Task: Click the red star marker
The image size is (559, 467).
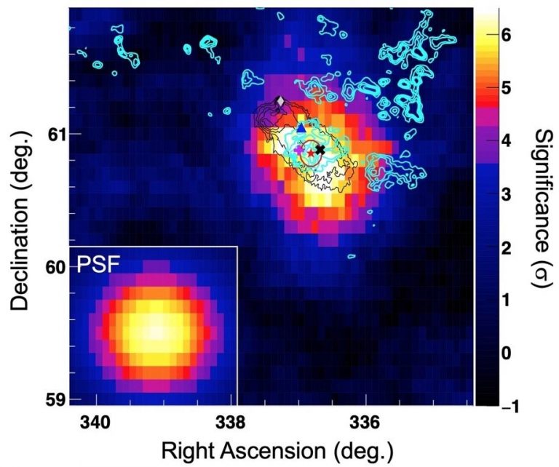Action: [312, 153]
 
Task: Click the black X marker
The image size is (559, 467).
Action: [320, 149]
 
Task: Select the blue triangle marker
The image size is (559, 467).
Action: [301, 127]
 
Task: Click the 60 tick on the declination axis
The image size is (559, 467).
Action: [55, 267]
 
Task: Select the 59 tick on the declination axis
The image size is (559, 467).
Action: [55, 399]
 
